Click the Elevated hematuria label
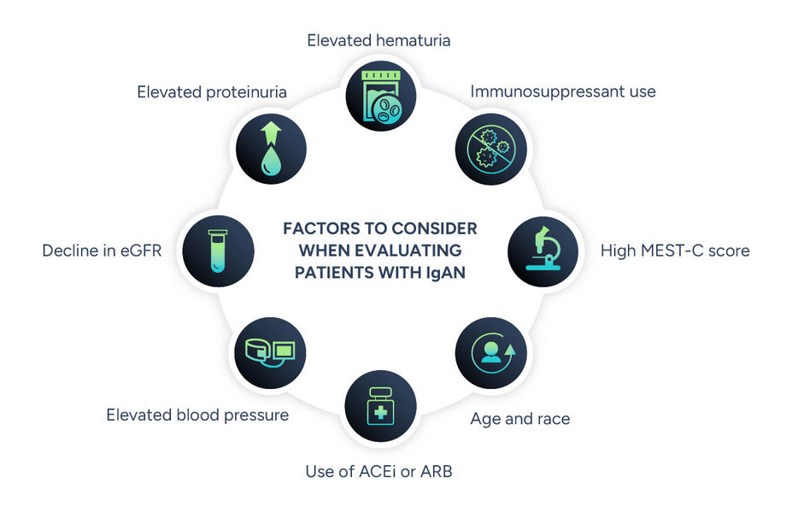(x=379, y=39)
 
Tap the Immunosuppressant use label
(x=563, y=91)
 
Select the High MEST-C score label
(x=675, y=251)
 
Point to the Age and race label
(x=519, y=419)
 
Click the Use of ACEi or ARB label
(x=378, y=471)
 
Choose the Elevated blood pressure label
(x=197, y=415)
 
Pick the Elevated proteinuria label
(x=211, y=91)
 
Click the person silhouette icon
(x=491, y=352)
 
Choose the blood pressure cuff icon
(x=270, y=352)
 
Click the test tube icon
(x=219, y=251)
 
